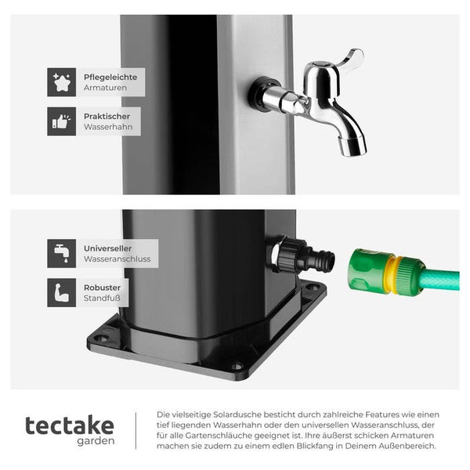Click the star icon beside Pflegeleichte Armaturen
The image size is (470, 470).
61,82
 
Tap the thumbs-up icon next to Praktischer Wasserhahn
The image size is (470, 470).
61,121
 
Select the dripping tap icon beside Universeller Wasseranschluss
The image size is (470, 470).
61,254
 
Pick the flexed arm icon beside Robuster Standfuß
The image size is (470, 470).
61,292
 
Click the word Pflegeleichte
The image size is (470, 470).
110,78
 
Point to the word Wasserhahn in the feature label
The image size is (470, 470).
108,127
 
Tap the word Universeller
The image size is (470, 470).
107,248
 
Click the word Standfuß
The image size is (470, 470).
102,298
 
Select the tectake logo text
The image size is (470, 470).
70,426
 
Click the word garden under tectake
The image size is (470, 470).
96,441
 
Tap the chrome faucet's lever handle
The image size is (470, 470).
349,60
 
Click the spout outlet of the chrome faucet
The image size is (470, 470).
352,147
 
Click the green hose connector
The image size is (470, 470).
387,273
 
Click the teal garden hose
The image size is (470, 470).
441,280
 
